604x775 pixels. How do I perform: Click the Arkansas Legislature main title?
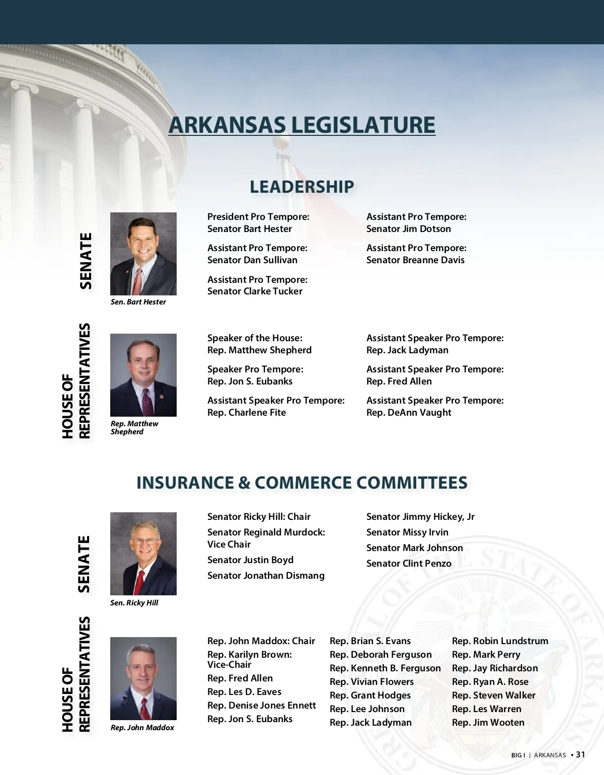(302, 125)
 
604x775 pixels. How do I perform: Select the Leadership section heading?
(302, 187)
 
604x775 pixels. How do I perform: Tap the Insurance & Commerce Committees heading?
(302, 483)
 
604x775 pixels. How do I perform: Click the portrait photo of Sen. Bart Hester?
(143, 254)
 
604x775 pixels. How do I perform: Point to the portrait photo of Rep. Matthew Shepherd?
(143, 375)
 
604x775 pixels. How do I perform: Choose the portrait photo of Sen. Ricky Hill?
(143, 554)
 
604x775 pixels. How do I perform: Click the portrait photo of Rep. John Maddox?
(143, 678)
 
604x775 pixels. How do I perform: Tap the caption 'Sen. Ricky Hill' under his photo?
(134, 603)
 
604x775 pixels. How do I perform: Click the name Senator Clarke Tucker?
(255, 291)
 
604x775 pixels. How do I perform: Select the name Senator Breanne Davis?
(415, 260)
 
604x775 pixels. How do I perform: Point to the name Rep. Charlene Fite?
(247, 413)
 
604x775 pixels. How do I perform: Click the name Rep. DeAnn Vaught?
(409, 413)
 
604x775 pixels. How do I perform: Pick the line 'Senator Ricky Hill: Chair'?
(259, 517)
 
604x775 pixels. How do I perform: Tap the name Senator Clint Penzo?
(409, 564)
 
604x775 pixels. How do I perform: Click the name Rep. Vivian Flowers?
(371, 682)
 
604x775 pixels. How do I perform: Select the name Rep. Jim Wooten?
(488, 723)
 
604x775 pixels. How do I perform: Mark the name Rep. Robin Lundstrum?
(500, 641)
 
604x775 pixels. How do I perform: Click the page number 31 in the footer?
(580, 754)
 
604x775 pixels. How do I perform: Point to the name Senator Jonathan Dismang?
(266, 576)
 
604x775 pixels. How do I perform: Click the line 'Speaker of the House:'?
(255, 338)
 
